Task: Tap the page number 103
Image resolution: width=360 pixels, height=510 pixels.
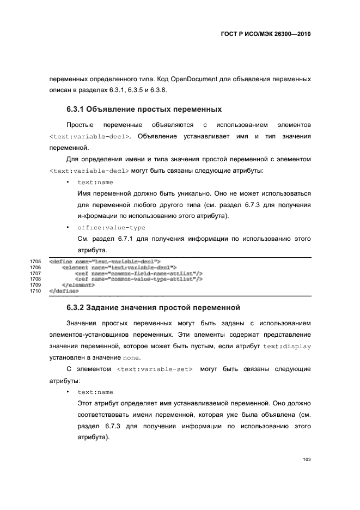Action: click(x=307, y=460)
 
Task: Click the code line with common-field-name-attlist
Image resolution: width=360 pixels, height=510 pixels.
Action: click(x=138, y=274)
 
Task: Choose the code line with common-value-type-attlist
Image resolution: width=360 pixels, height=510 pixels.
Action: click(x=138, y=279)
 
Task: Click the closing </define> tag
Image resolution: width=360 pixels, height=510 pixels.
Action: click(x=64, y=291)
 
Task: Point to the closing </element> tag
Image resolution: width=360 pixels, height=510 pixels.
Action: click(x=78, y=285)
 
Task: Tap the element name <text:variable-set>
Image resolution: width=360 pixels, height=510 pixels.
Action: click(x=155, y=369)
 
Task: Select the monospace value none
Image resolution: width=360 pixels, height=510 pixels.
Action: click(x=131, y=358)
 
